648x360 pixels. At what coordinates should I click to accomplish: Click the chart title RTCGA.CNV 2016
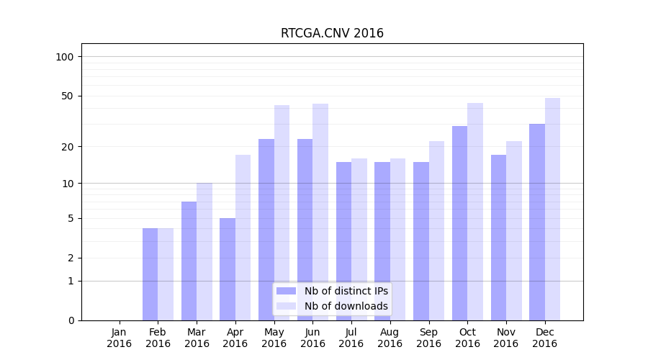[332, 34]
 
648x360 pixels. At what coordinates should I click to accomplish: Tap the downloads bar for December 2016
[552, 209]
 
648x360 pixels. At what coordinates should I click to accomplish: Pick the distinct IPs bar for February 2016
[150, 274]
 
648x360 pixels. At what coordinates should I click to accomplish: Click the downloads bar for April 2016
[243, 238]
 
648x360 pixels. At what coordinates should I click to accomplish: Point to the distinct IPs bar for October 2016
[459, 223]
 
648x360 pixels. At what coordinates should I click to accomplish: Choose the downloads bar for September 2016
[436, 230]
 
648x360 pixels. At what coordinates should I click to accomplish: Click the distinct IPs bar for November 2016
[498, 238]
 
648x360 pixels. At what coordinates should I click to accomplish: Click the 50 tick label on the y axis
[68, 96]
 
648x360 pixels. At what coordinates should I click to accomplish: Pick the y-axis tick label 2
[71, 258]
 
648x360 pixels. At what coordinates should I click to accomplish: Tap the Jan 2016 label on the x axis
[120, 338]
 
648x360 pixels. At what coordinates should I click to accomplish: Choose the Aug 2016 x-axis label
[390, 338]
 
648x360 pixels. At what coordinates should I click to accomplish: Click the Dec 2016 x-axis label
[544, 338]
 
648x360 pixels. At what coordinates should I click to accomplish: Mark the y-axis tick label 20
[68, 147]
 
